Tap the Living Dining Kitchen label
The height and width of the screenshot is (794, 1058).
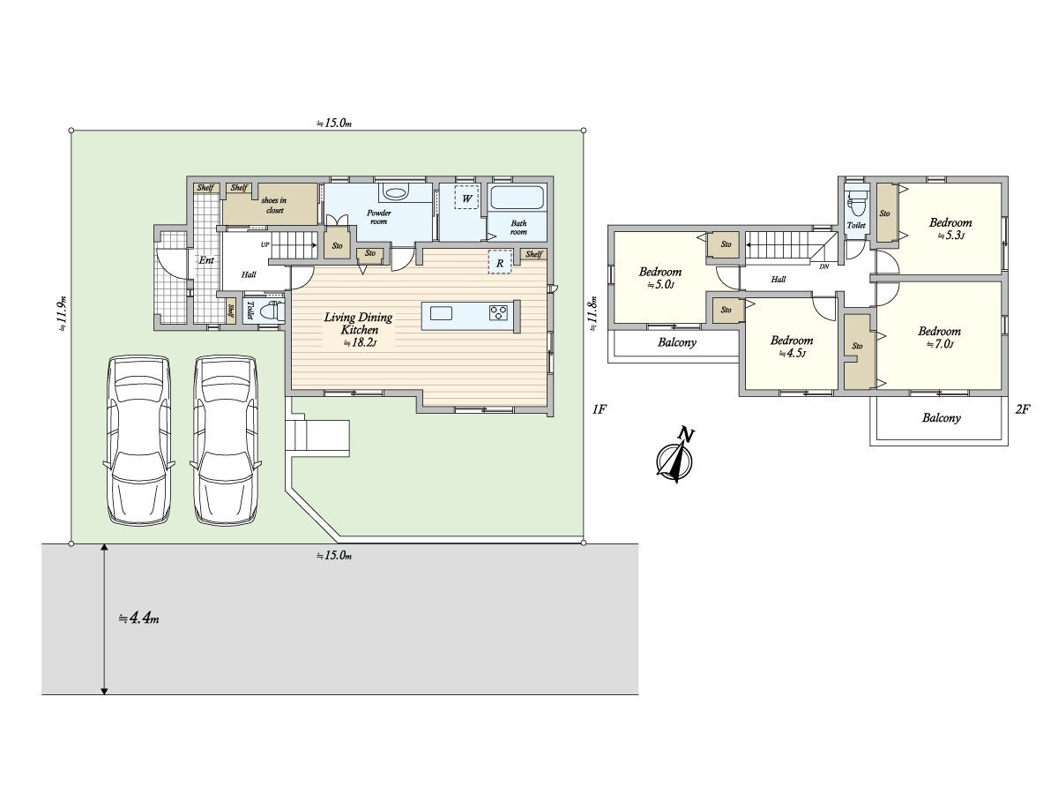click(358, 329)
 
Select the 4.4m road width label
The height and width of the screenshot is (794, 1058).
click(138, 618)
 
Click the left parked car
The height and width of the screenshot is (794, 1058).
click(138, 440)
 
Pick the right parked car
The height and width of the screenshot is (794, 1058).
click(226, 440)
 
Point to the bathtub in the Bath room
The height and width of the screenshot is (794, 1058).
click(517, 198)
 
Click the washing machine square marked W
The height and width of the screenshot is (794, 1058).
click(466, 197)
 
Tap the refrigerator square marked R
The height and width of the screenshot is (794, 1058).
click(500, 263)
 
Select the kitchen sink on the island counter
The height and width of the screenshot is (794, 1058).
click(441, 313)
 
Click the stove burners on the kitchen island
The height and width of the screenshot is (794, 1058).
click(498, 312)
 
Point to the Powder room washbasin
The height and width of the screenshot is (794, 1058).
click(395, 193)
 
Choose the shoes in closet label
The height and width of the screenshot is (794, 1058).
click(274, 205)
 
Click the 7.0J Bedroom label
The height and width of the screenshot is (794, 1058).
click(939, 337)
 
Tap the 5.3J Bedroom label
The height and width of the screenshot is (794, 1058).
click(950, 228)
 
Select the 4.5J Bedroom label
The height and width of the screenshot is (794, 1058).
click(792, 346)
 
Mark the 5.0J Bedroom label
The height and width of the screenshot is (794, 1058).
click(659, 278)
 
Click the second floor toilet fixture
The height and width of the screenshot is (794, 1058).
click(857, 204)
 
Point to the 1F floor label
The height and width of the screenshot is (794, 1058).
click(600, 409)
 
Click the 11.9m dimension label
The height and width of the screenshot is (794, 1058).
click(62, 313)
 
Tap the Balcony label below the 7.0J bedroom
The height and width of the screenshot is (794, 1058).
click(941, 417)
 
